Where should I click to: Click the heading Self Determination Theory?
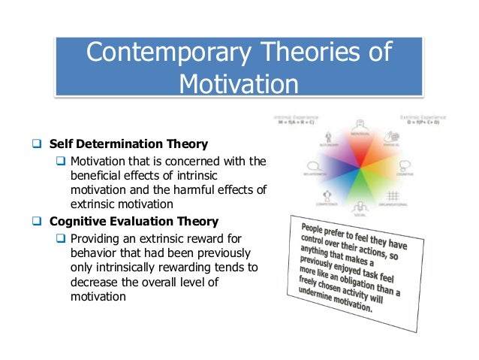pyautogui.click(x=128, y=143)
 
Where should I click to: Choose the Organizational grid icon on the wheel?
pyautogui.click(x=393, y=197)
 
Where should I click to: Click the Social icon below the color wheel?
pyautogui.click(x=360, y=206)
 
